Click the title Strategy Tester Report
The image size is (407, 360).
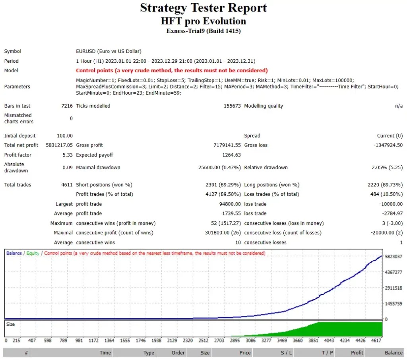click(x=203, y=8)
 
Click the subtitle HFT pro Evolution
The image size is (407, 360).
click(x=203, y=21)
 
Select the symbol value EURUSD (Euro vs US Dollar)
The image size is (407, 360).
click(x=109, y=51)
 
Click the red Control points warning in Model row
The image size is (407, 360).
click(x=172, y=70)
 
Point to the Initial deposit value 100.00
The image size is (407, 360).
click(x=65, y=135)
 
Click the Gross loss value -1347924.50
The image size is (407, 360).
click(x=388, y=145)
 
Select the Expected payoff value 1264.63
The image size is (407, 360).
click(x=231, y=155)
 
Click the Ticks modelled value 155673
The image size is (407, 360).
click(x=232, y=106)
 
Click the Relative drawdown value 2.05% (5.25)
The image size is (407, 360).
click(x=387, y=167)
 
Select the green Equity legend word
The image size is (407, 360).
click(x=33, y=253)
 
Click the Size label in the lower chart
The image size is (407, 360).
click(x=11, y=324)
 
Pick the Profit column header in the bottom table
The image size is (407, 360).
click(x=357, y=352)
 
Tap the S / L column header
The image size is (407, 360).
click(x=286, y=352)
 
